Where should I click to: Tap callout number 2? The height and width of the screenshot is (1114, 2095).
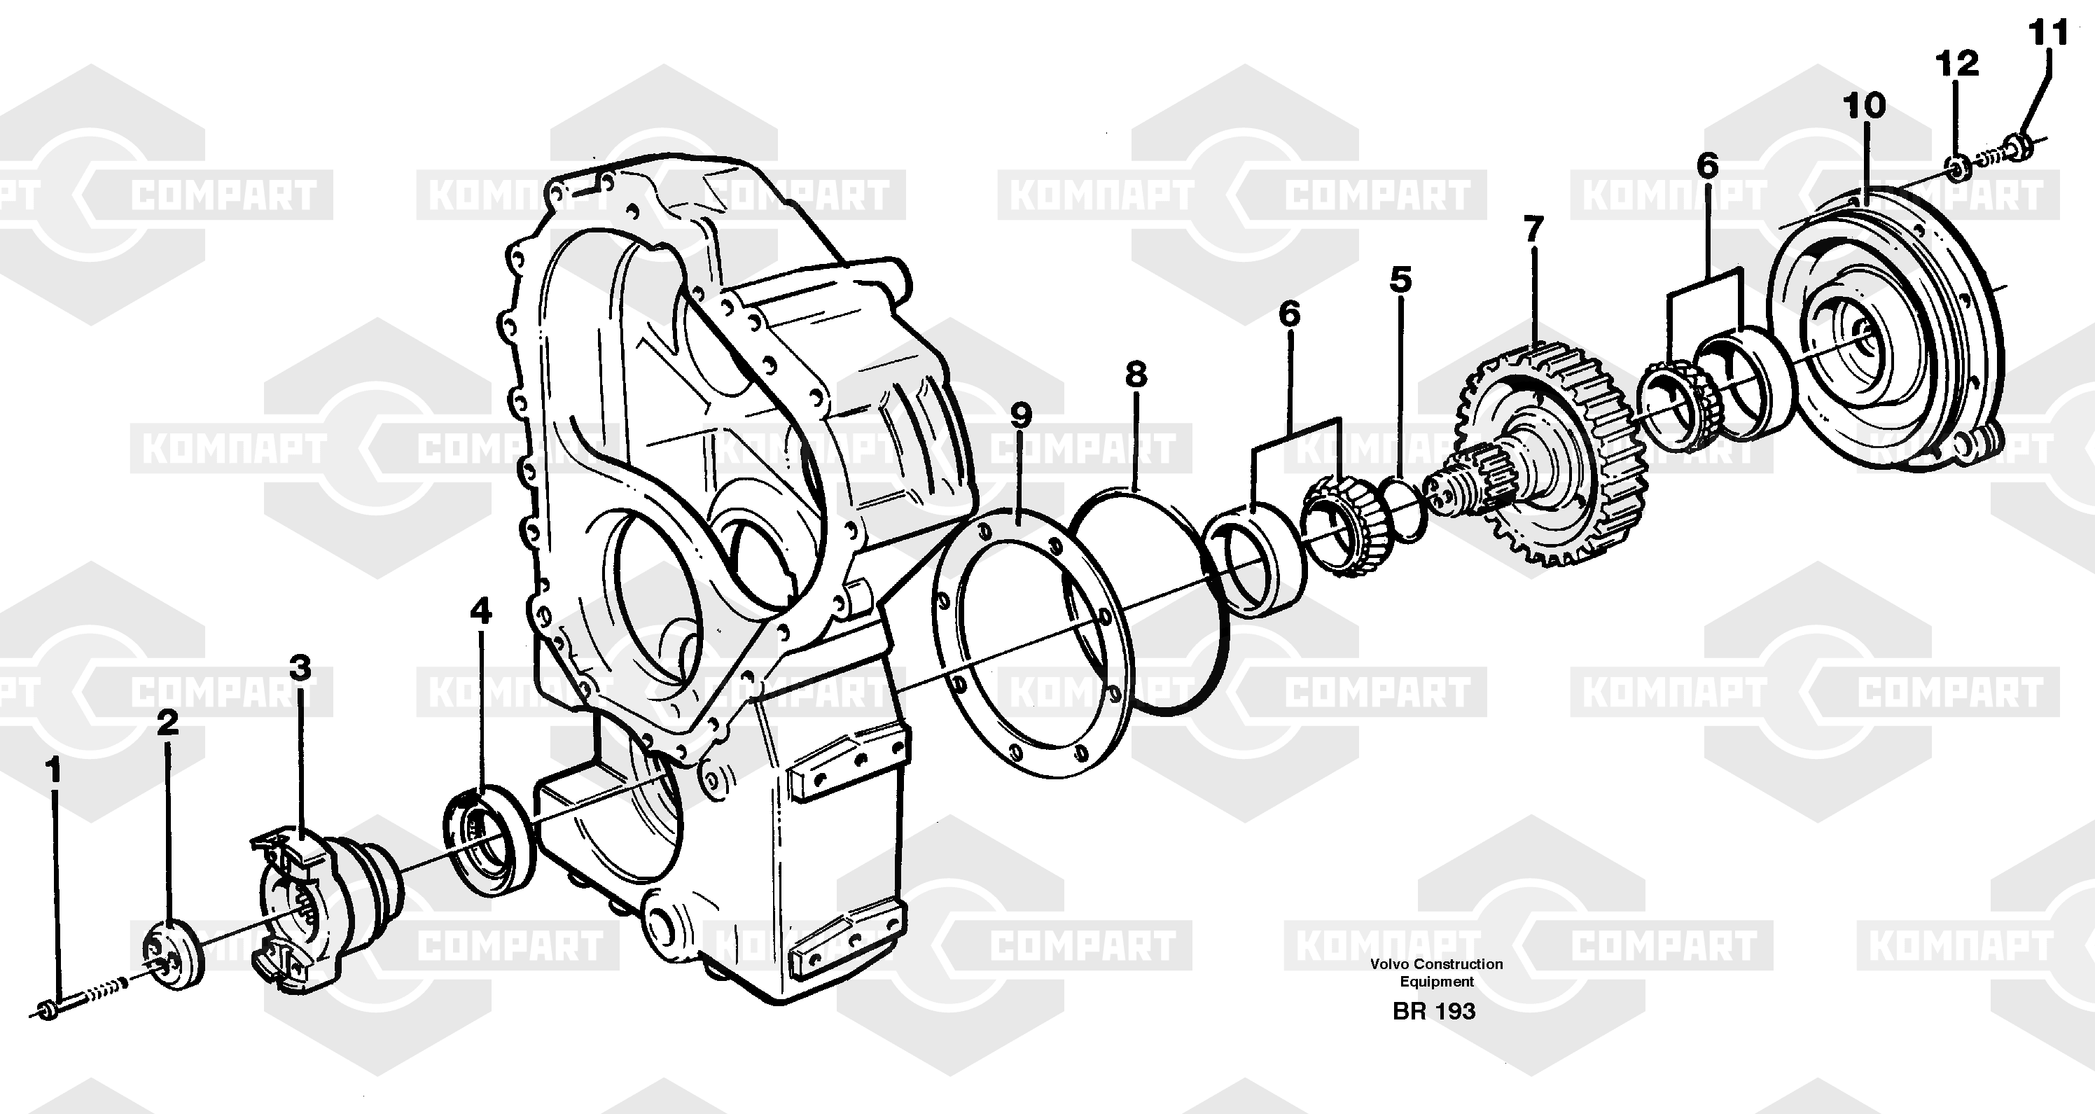(x=167, y=722)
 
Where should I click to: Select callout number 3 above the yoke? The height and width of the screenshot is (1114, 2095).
(x=301, y=667)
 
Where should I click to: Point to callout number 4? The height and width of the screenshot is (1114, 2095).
(x=480, y=610)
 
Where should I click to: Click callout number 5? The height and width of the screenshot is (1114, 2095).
(x=1400, y=279)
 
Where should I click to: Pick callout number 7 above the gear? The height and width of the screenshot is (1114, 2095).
(x=1533, y=228)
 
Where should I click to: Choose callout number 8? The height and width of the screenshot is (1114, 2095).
(x=1136, y=374)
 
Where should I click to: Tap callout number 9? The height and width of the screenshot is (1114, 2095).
(x=1022, y=415)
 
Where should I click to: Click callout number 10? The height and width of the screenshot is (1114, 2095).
(x=1864, y=105)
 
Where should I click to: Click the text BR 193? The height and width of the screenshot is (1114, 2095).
(x=1434, y=1011)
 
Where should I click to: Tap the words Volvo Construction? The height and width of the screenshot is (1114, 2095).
(x=1436, y=963)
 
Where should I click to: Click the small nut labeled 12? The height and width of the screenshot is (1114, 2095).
(x=1959, y=167)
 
